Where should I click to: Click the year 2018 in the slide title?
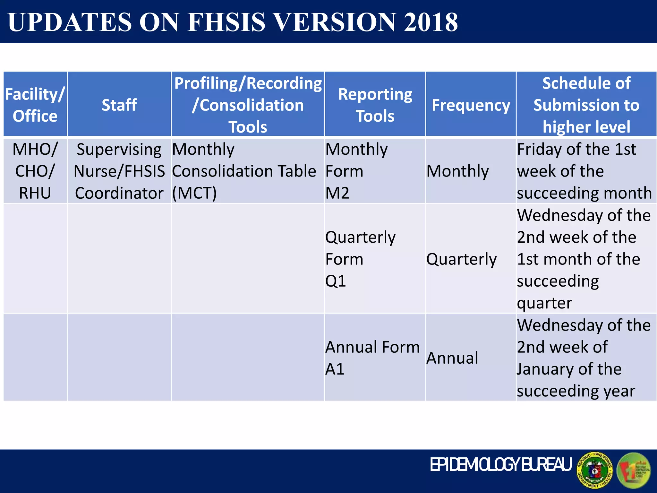(x=431, y=22)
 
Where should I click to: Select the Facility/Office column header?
(x=35, y=105)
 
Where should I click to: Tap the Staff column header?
(x=119, y=105)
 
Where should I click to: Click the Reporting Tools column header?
(x=375, y=105)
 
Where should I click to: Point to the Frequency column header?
(x=471, y=105)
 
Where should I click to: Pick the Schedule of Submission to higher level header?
(x=586, y=105)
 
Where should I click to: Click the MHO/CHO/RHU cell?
(x=35, y=171)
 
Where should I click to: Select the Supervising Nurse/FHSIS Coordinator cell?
(x=119, y=171)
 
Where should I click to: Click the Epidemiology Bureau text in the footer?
(x=500, y=464)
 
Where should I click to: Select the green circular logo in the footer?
(x=634, y=470)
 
